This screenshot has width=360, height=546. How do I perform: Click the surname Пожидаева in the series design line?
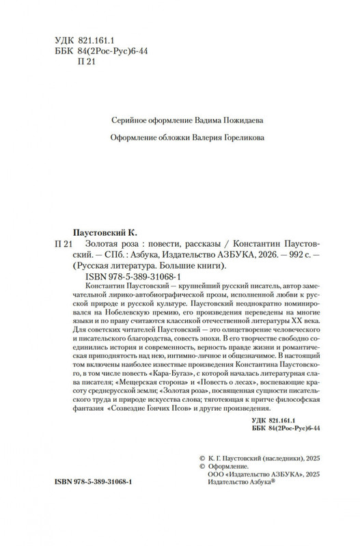[x=238, y=120]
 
